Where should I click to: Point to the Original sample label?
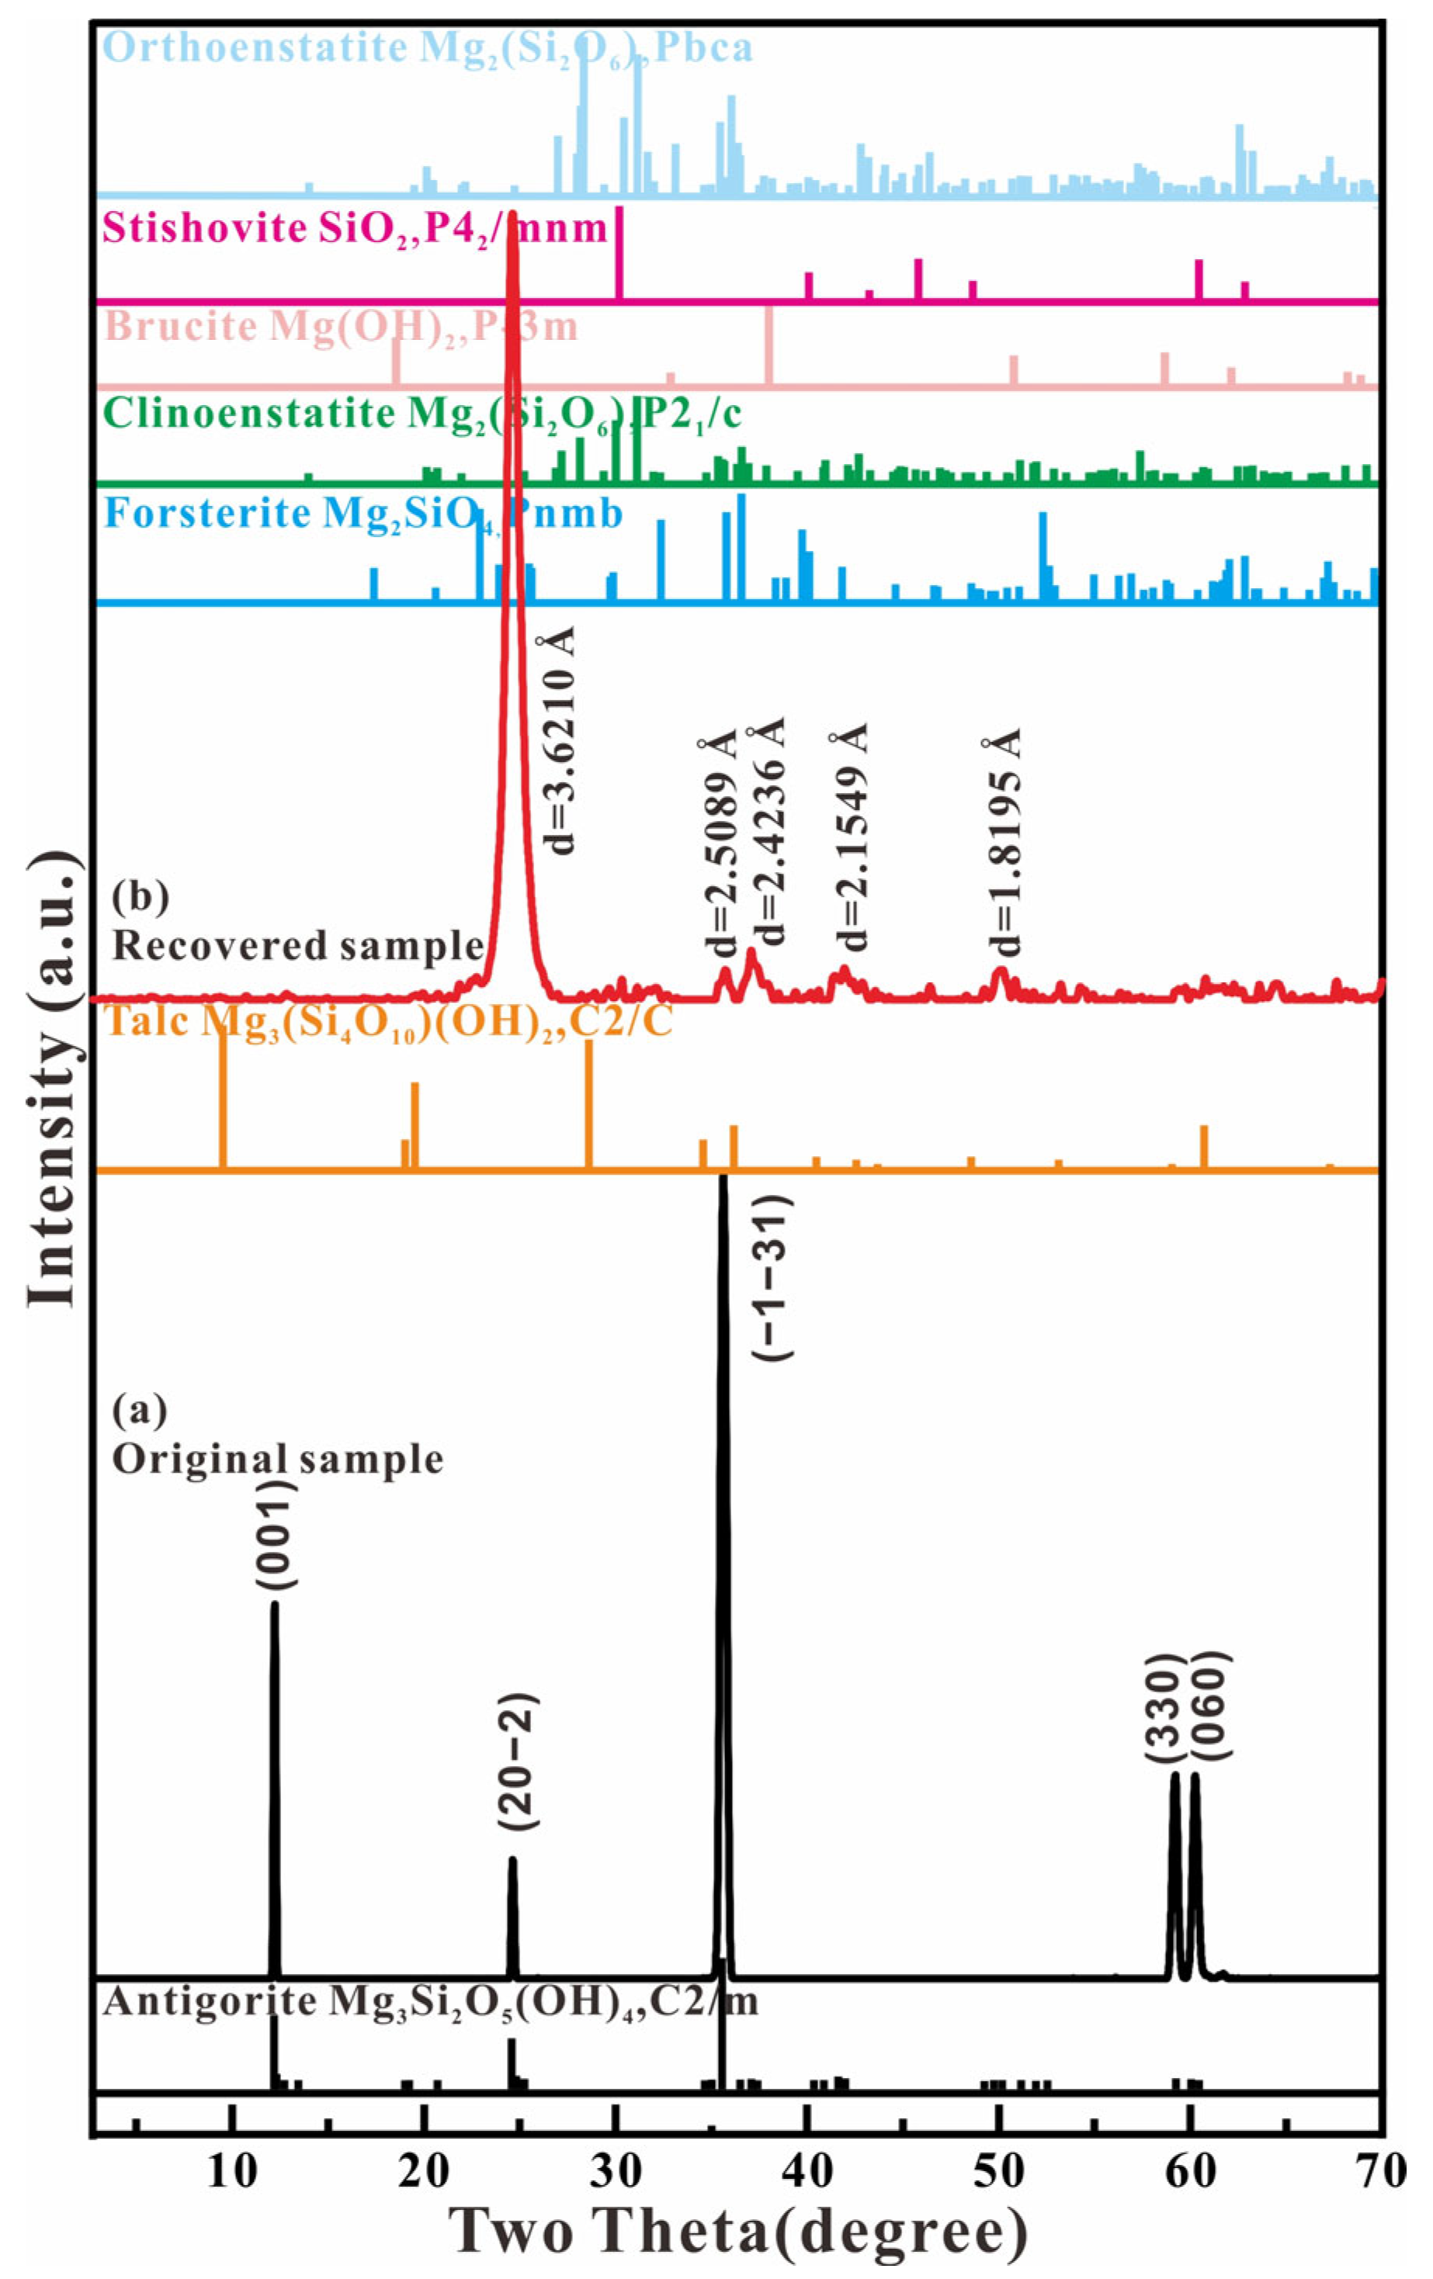[x=277, y=1459]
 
